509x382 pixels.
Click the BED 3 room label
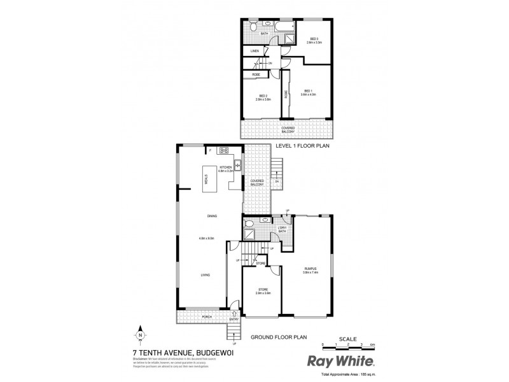313,39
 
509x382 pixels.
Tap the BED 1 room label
309,90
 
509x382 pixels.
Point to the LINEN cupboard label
254,50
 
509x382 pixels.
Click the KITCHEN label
227,168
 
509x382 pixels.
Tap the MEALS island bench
207,180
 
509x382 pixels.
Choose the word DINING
212,216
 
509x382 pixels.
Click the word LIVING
206,274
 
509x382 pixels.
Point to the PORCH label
206,316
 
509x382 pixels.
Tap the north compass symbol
139,334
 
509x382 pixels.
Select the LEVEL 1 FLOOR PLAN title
302,146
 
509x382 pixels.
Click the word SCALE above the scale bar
347,338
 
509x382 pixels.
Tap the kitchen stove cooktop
224,151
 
